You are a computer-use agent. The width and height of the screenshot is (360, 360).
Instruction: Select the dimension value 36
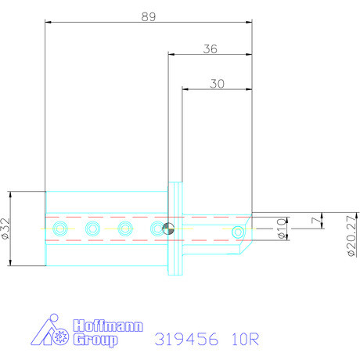(x=209, y=48)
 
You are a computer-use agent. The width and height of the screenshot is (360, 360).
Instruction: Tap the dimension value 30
(x=219, y=82)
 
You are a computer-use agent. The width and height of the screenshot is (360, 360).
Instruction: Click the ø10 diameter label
(x=282, y=229)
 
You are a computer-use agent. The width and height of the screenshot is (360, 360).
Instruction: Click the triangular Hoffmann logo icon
(x=49, y=333)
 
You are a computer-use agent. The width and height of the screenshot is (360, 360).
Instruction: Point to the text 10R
(x=245, y=340)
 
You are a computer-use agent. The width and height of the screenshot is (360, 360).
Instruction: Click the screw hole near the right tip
(x=239, y=230)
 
